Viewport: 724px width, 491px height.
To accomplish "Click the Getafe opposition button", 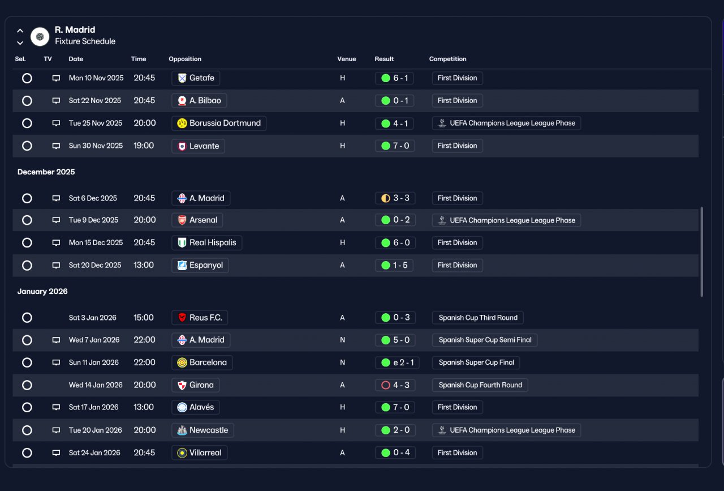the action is tap(196, 78).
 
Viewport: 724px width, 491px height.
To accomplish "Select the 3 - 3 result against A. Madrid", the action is tap(395, 198).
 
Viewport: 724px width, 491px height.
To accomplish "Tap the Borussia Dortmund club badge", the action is tap(182, 123).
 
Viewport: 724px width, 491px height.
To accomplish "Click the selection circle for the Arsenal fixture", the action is tap(27, 220).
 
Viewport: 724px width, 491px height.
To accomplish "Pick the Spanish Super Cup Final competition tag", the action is tap(476, 362).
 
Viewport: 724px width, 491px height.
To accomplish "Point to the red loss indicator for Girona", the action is tap(386, 385).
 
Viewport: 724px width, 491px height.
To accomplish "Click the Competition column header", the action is tap(447, 59).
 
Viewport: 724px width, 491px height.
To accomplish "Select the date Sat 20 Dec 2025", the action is tap(94, 265).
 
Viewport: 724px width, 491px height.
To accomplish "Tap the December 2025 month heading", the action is tap(46, 172).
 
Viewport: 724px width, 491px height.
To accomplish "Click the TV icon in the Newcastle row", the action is tap(56, 430).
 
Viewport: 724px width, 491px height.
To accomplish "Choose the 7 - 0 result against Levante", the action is tap(395, 146).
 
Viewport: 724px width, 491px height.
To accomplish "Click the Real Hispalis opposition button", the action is tap(206, 243).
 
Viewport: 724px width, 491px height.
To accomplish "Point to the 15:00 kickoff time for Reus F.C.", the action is tap(144, 318).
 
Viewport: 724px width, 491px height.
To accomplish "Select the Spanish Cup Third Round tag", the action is tap(478, 318).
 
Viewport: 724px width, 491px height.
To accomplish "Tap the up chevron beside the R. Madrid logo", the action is tap(20, 31).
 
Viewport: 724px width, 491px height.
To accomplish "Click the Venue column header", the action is tap(347, 59).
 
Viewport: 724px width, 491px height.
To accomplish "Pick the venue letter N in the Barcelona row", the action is tap(342, 362).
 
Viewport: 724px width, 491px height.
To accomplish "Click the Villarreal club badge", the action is tap(182, 453).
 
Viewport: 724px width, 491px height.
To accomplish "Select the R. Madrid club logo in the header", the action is tap(40, 37).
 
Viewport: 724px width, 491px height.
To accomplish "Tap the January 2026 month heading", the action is tap(42, 291).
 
